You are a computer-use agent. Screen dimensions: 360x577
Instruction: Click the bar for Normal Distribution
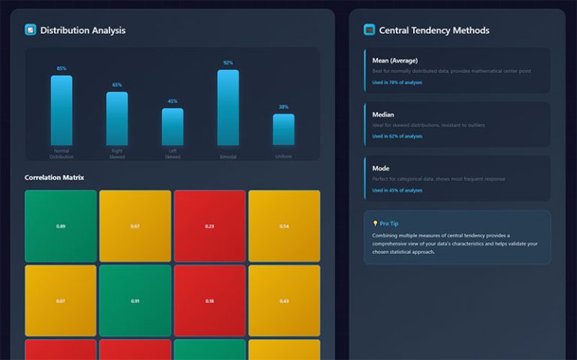62,110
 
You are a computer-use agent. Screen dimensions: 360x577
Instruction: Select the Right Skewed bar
116,118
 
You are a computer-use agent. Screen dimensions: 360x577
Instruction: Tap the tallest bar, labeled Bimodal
228,107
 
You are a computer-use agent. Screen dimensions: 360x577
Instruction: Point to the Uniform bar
283,129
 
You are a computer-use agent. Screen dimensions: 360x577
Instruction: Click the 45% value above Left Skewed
172,101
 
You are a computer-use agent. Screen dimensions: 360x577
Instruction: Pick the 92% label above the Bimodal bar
228,63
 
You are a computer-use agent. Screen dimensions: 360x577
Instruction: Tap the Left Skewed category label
172,153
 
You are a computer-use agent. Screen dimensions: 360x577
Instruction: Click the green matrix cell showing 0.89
60,225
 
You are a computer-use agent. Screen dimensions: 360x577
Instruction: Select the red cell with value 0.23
210,225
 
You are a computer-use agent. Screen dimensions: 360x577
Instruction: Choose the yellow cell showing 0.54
284,225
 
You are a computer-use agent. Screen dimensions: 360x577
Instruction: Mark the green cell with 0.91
135,301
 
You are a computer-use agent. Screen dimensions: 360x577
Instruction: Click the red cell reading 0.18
210,301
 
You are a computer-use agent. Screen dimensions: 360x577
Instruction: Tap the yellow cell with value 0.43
284,301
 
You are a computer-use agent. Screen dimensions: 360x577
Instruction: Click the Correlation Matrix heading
54,177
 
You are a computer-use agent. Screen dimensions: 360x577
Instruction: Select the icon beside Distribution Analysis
31,30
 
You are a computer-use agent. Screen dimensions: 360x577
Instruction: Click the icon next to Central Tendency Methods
369,30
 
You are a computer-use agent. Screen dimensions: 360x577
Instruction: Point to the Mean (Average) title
395,60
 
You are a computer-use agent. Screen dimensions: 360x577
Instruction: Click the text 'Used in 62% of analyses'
397,136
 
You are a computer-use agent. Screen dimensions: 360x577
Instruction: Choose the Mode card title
381,168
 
